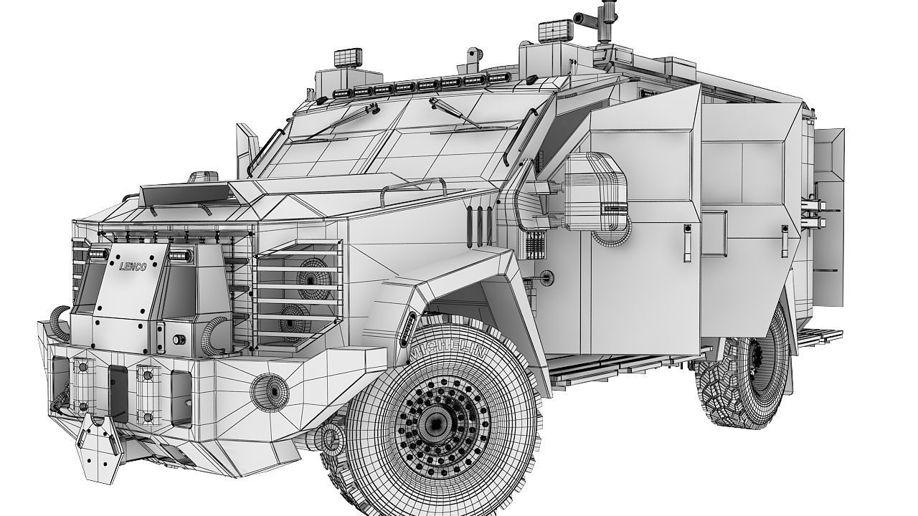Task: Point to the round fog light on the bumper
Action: (270, 390)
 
